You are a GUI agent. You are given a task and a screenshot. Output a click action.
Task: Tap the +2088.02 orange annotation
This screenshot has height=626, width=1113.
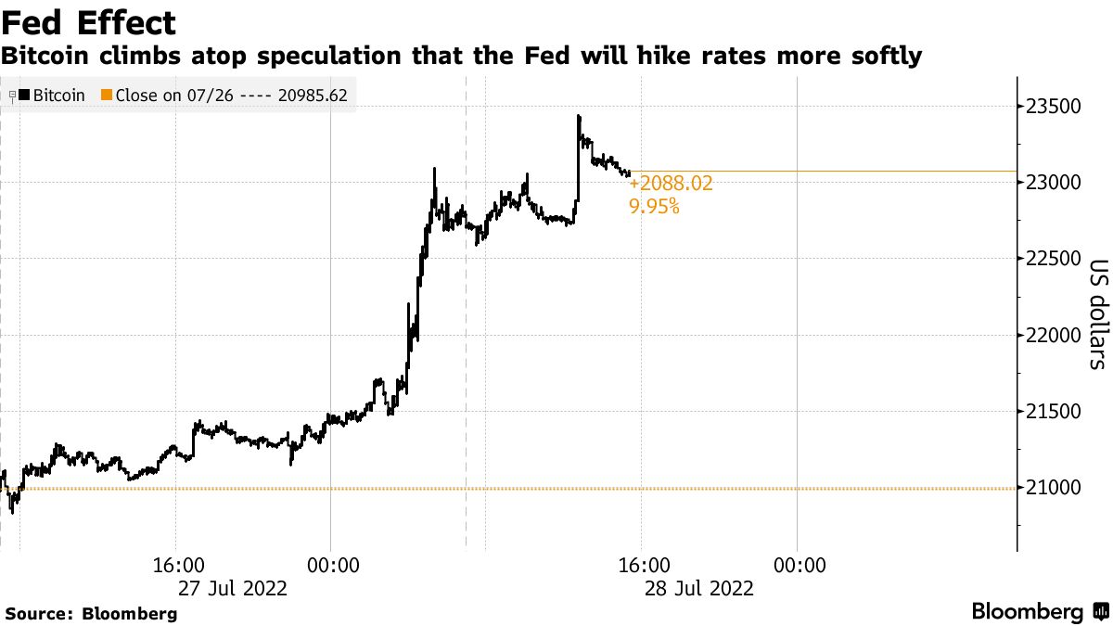671,184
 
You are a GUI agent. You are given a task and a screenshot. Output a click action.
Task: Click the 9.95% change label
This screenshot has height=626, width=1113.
654,207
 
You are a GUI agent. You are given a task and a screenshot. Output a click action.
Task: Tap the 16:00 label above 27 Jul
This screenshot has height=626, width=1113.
178,564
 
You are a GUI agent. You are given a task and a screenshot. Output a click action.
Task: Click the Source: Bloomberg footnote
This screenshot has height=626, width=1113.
91,613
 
